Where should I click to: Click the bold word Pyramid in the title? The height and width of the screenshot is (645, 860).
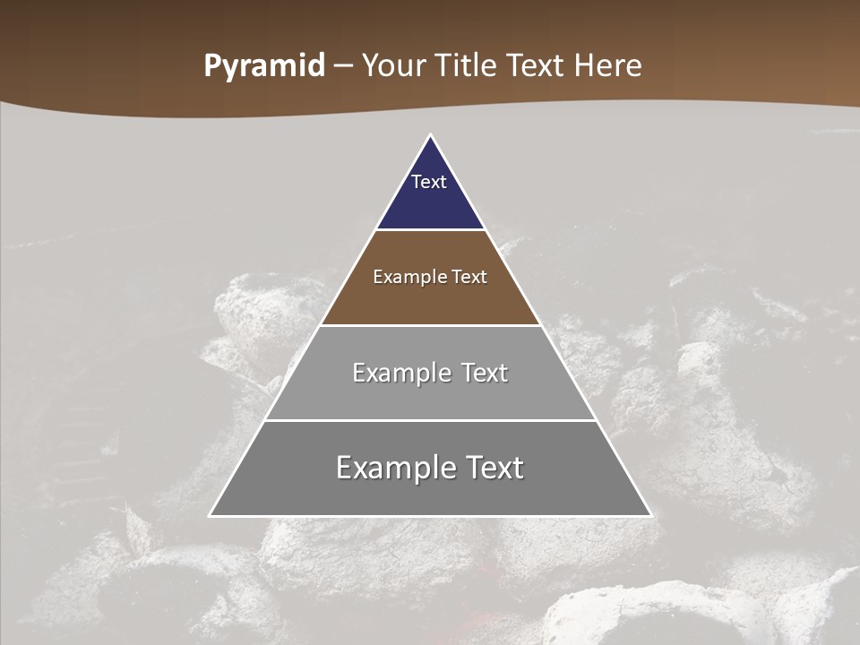(263, 66)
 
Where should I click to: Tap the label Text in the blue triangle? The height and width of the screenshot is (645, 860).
(429, 182)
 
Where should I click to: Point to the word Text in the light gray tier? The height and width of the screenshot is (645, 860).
(485, 373)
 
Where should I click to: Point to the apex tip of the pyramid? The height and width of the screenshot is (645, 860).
(431, 136)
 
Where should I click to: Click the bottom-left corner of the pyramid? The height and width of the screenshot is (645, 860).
(211, 515)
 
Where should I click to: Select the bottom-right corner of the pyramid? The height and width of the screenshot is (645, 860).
(650, 515)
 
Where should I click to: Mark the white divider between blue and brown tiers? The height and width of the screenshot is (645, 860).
(430, 230)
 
